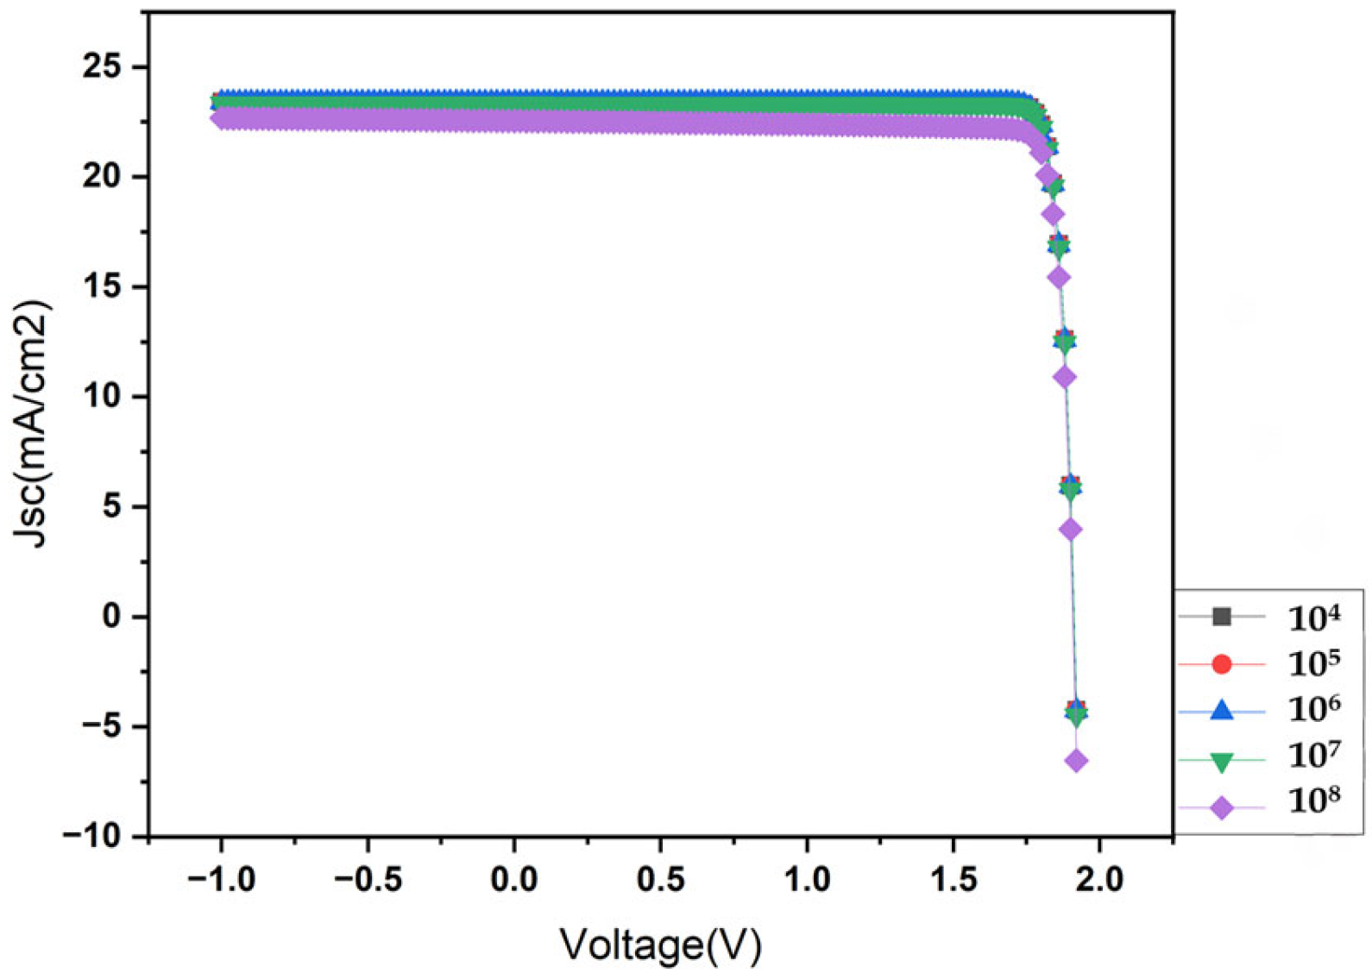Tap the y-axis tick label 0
coord(112,616)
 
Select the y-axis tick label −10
coord(92,836)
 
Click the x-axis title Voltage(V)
coord(661,944)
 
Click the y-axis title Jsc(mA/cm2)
coord(33,423)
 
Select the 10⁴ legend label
coord(1313,618)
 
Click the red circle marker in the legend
coord(1221,664)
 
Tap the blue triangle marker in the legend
coord(1221,711)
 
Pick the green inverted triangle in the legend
coord(1221,761)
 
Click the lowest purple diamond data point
coord(1076,761)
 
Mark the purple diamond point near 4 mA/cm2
coord(1071,530)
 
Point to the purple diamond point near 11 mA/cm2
coord(1065,377)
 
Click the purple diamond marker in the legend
coord(1221,808)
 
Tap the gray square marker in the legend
coord(1221,617)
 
